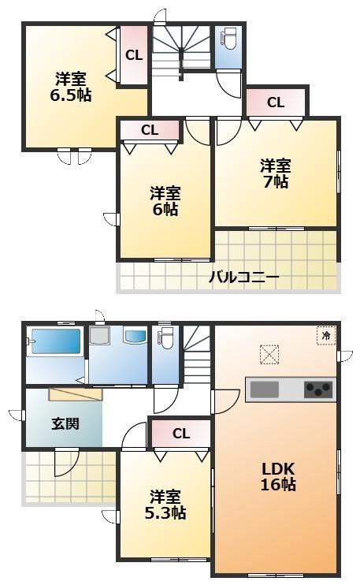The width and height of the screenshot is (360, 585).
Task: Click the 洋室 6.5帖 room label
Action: tap(71, 88)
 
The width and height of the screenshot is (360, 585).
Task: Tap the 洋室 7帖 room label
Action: tap(276, 173)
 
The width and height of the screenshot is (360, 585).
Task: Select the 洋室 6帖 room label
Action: tap(165, 201)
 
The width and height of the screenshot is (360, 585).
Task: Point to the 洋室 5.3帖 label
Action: tap(165, 505)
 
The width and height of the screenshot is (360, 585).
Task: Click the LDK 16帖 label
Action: tap(278, 476)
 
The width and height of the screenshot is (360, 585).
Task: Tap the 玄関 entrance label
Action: tap(65, 424)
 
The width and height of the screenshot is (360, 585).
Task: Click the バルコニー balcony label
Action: tap(243, 278)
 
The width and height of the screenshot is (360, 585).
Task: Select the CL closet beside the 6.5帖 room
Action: tap(134, 56)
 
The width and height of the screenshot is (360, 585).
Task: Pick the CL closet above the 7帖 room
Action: tap(276, 102)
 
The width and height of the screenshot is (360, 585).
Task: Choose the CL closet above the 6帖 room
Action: tap(150, 130)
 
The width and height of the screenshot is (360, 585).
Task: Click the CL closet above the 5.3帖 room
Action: tap(181, 434)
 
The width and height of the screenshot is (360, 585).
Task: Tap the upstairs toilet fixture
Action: tap(228, 39)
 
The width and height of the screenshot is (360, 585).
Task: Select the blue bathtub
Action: tap(56, 341)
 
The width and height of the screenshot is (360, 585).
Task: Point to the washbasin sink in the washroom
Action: tap(135, 336)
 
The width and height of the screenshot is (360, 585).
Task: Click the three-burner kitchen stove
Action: tap(318, 389)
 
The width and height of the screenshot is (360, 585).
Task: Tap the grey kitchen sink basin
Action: tap(265, 389)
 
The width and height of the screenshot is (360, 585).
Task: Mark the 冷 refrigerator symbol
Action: tap(326, 335)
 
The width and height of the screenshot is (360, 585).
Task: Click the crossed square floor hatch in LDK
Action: tap(269, 354)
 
